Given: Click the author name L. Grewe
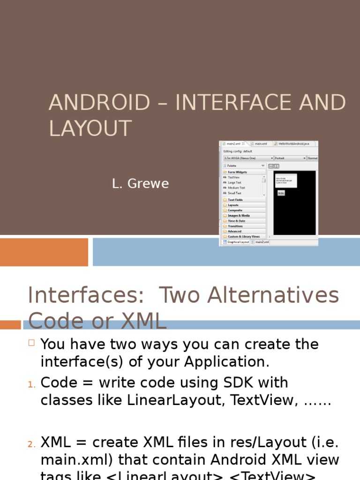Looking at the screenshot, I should pyautogui.click(x=140, y=184).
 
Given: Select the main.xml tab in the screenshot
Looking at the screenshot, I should pyautogui.click(x=260, y=144).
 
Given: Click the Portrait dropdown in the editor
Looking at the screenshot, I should pyautogui.click(x=290, y=158).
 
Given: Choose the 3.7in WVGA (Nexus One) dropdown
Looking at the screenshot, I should pyautogui.click(x=248, y=158).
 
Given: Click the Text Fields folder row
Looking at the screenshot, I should pyautogui.click(x=235, y=200).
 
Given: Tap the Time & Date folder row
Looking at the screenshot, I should pyautogui.click(x=236, y=221).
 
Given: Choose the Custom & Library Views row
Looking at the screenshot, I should pyautogui.click(x=243, y=237).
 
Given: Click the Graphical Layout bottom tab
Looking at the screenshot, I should pyautogui.click(x=238, y=242).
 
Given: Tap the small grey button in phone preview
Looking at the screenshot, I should pyautogui.click(x=281, y=193).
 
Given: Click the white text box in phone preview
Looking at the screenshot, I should pyautogui.click(x=286, y=180).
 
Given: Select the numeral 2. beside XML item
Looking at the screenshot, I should pyautogui.click(x=31, y=444).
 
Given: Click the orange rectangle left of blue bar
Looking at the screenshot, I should pyautogui.click(x=44, y=252).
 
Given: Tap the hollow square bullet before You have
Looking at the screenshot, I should pyautogui.click(x=31, y=343).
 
